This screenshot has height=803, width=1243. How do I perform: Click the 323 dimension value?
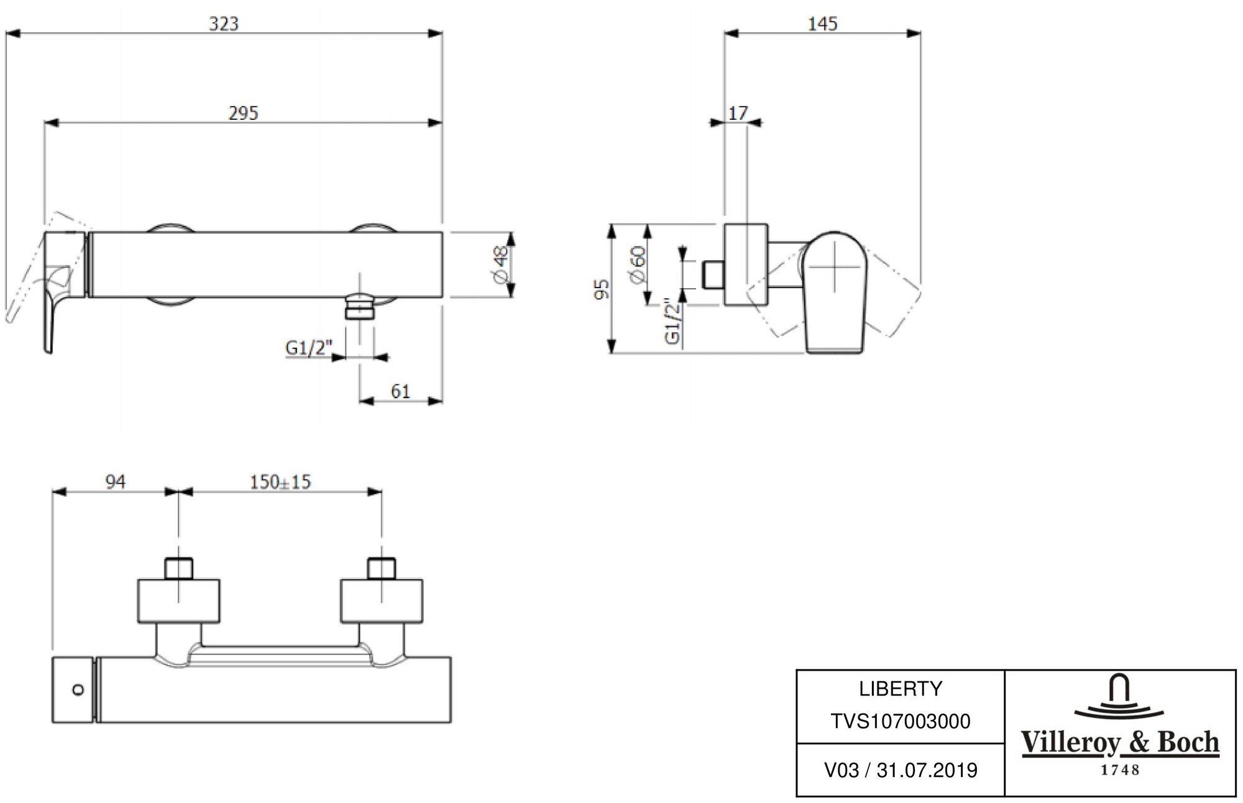224,24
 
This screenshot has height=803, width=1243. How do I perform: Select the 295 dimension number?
243,113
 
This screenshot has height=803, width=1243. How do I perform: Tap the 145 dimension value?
822,24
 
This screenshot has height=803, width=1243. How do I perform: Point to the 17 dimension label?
738,113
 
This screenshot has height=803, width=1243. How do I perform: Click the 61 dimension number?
401,391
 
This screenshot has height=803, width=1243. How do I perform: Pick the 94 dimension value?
116,482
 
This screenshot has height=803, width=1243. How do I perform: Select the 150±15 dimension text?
280,482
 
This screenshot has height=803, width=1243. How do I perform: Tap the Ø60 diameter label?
638,265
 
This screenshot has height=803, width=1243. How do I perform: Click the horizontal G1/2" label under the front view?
310,348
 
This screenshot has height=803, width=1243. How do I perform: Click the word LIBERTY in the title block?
901,689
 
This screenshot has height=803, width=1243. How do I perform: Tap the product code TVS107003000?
901,722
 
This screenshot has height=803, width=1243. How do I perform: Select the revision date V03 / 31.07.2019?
901,771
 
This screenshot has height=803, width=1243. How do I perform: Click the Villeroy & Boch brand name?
1121,743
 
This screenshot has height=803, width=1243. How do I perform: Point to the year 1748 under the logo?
1121,771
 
